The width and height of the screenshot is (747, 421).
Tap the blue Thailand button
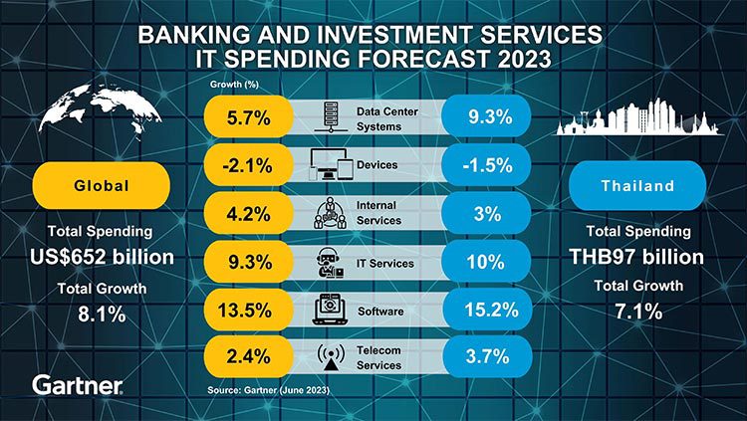[637, 185]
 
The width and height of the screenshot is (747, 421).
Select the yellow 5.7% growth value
[244, 117]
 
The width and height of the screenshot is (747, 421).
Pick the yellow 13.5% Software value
[244, 310]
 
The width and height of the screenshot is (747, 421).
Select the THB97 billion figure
[637, 257]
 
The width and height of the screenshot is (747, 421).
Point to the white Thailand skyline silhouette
[637, 119]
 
